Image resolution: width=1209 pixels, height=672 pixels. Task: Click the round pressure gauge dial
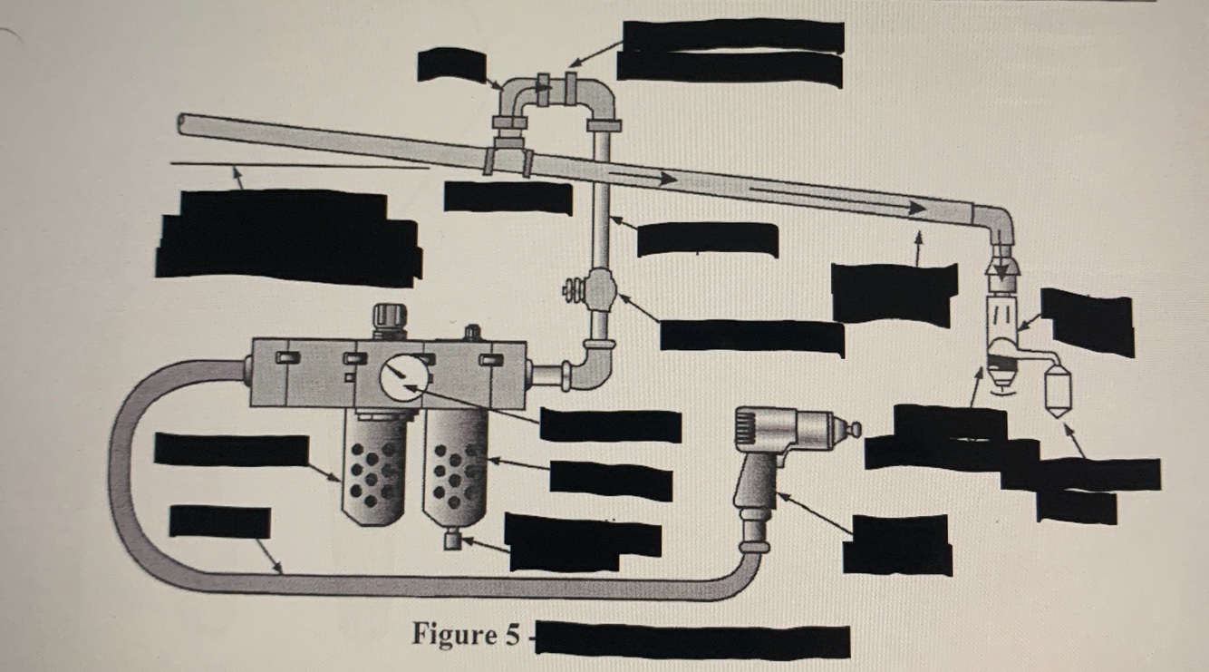(396, 379)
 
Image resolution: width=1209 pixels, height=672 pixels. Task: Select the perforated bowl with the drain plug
(455, 472)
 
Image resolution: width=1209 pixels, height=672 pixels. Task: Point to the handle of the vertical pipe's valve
(573, 291)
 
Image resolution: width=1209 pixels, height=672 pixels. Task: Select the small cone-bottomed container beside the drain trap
(1057, 391)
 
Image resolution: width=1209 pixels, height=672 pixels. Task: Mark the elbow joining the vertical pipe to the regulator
(594, 366)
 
